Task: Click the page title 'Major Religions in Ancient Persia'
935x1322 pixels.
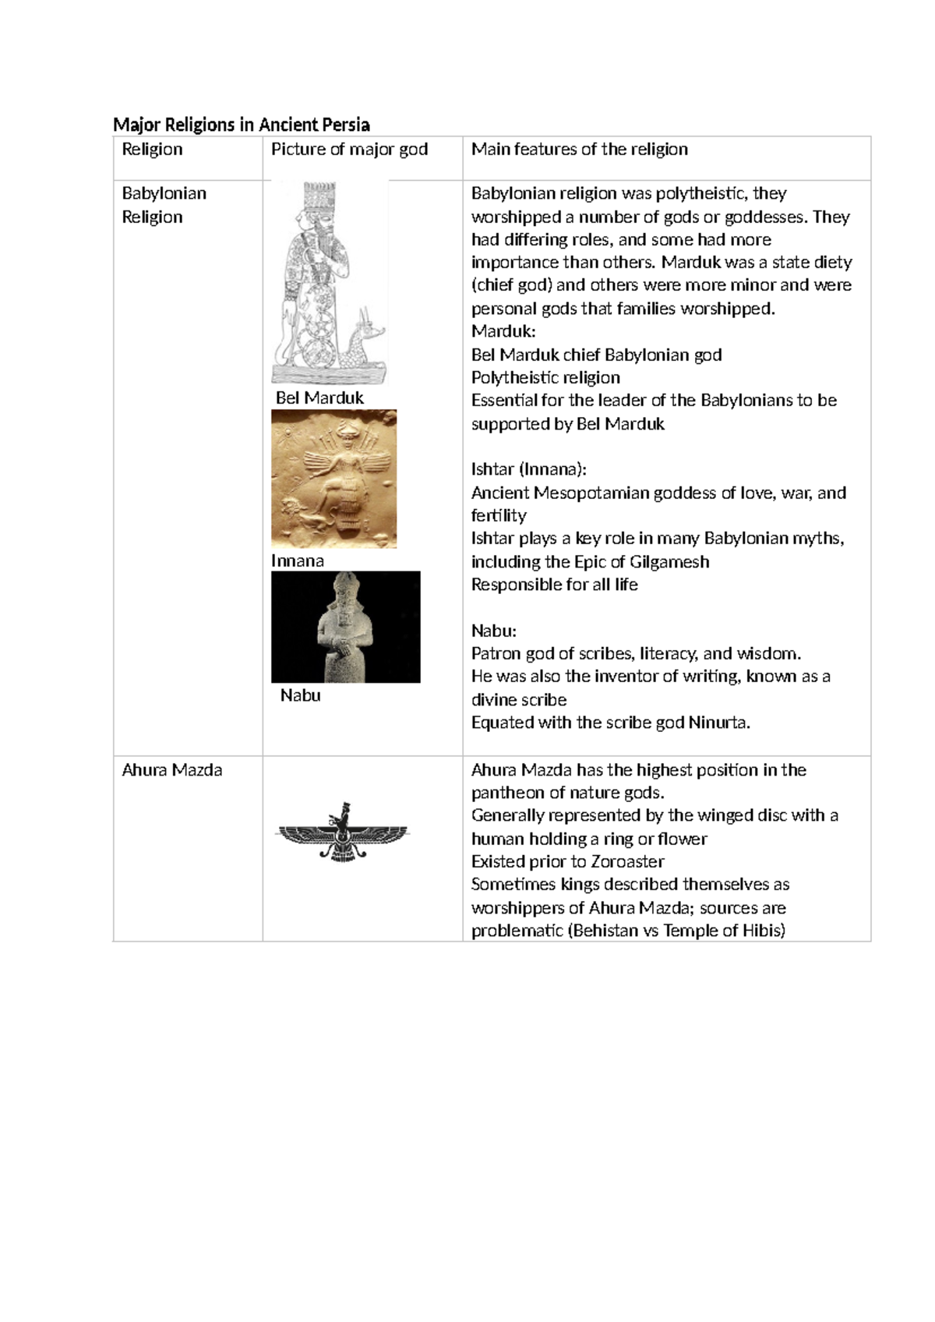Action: (241, 125)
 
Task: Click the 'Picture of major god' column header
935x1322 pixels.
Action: (349, 150)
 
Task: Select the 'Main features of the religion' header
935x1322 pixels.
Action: (579, 150)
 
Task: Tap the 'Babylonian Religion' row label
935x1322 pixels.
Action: (164, 205)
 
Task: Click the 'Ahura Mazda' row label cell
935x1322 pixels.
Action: (172, 770)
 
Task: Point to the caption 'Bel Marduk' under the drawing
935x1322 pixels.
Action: (319, 398)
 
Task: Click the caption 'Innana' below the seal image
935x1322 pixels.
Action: (298, 561)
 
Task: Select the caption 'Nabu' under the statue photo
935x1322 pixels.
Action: (301, 695)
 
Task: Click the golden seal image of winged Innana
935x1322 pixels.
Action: (333, 478)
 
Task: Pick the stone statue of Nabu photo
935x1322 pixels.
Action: (345, 627)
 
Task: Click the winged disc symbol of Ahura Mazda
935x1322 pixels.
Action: (343, 832)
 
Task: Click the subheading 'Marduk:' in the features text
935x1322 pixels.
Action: (503, 331)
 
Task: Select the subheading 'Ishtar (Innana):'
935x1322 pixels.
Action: (528, 469)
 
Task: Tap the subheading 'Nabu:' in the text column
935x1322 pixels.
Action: (494, 631)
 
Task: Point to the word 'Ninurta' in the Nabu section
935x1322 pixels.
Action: (718, 723)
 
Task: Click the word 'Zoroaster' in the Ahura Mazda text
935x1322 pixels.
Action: (627, 862)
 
